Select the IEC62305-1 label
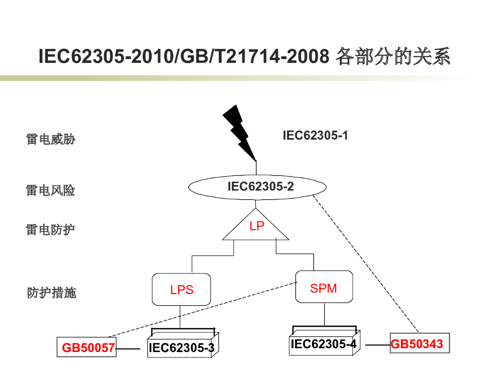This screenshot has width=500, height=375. point(315,135)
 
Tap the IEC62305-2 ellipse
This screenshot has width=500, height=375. point(257,187)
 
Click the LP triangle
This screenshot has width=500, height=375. point(256,228)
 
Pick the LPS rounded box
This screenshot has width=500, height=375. point(182,290)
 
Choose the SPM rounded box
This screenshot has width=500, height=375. point(324,287)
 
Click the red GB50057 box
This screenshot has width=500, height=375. point(87,348)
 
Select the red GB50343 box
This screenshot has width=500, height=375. point(419,344)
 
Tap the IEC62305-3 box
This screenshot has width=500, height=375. point(181,347)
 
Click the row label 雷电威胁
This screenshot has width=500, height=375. point(51,140)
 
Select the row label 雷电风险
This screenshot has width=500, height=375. point(51,190)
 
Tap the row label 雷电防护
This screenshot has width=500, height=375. point(51,229)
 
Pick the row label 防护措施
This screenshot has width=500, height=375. point(52,293)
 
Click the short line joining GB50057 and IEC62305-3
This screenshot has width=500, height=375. point(128,349)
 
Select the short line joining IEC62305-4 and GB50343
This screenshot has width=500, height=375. point(377,345)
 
